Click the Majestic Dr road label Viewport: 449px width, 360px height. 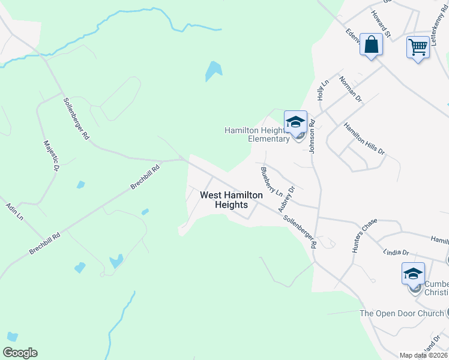coord(50,158)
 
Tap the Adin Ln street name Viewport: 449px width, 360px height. coord(14,211)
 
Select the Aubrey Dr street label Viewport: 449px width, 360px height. coord(287,199)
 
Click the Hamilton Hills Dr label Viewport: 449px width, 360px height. coord(364,139)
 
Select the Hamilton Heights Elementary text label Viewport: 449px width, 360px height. coord(257,134)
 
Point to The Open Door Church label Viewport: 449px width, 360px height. coord(402,313)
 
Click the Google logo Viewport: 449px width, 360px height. coord(20,353)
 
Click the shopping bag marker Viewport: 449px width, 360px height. coord(372,45)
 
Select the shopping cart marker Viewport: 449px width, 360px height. coord(418,47)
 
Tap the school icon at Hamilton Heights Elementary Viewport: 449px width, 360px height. coord(295,122)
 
